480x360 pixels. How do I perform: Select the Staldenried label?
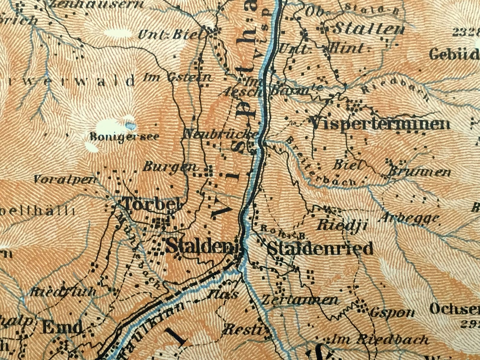click(x=320, y=248)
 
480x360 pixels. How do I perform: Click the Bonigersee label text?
click(x=124, y=137)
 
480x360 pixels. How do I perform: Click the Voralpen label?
click(x=65, y=180)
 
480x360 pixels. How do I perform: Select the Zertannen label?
click(x=299, y=300)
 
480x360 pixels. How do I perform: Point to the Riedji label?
click(x=342, y=225)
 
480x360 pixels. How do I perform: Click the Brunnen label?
click(x=420, y=172)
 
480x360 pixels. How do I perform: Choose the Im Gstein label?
click(x=177, y=77)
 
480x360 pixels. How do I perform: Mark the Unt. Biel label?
click(x=169, y=35)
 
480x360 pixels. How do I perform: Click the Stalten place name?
click(x=368, y=30)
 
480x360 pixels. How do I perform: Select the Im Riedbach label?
click(x=379, y=340)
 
